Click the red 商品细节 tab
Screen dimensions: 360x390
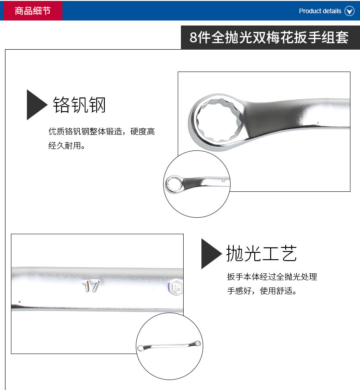(33, 10)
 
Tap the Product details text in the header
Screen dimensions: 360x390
(320, 11)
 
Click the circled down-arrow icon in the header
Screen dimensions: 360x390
(350, 11)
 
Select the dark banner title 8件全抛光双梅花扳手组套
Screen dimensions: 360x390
(269, 37)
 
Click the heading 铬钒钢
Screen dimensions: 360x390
(79, 105)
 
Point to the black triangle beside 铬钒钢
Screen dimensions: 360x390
(36, 105)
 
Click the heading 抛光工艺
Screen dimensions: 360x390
(262, 253)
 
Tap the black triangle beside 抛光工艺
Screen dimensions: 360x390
(211, 254)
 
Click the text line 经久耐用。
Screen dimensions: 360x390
(67, 145)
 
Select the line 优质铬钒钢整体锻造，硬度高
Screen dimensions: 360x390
(102, 131)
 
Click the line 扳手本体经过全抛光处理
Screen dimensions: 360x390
(272, 277)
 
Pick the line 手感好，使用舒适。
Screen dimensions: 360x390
(262, 291)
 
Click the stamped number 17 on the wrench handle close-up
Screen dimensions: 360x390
(91, 286)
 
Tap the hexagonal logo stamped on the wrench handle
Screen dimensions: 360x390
(175, 288)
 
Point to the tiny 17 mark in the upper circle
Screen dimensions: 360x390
(223, 181)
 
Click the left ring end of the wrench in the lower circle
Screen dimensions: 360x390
(140, 348)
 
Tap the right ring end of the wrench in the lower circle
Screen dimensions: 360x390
(198, 343)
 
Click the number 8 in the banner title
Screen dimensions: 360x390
(193, 38)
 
